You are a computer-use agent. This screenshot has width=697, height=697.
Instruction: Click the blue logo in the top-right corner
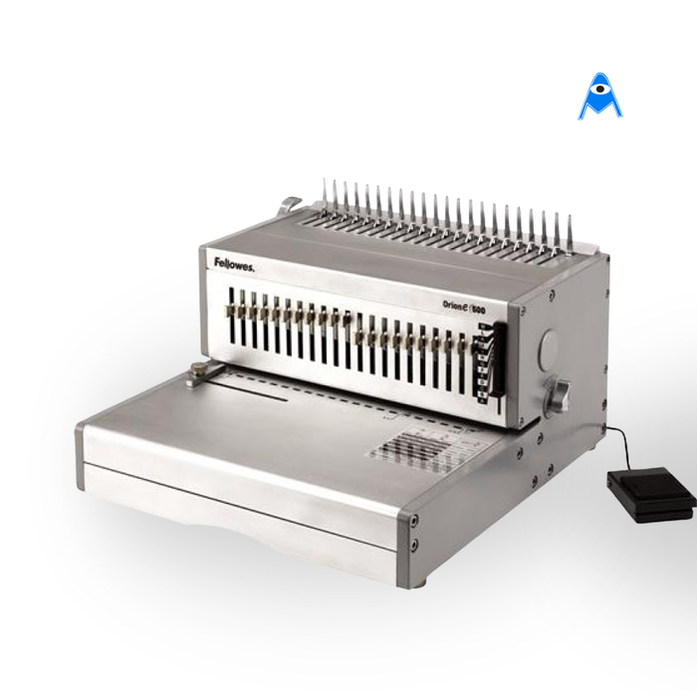tap(599, 97)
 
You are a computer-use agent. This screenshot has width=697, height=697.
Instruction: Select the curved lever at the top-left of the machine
tap(290, 205)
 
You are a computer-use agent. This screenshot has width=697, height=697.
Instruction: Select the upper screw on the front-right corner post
tap(413, 520)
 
